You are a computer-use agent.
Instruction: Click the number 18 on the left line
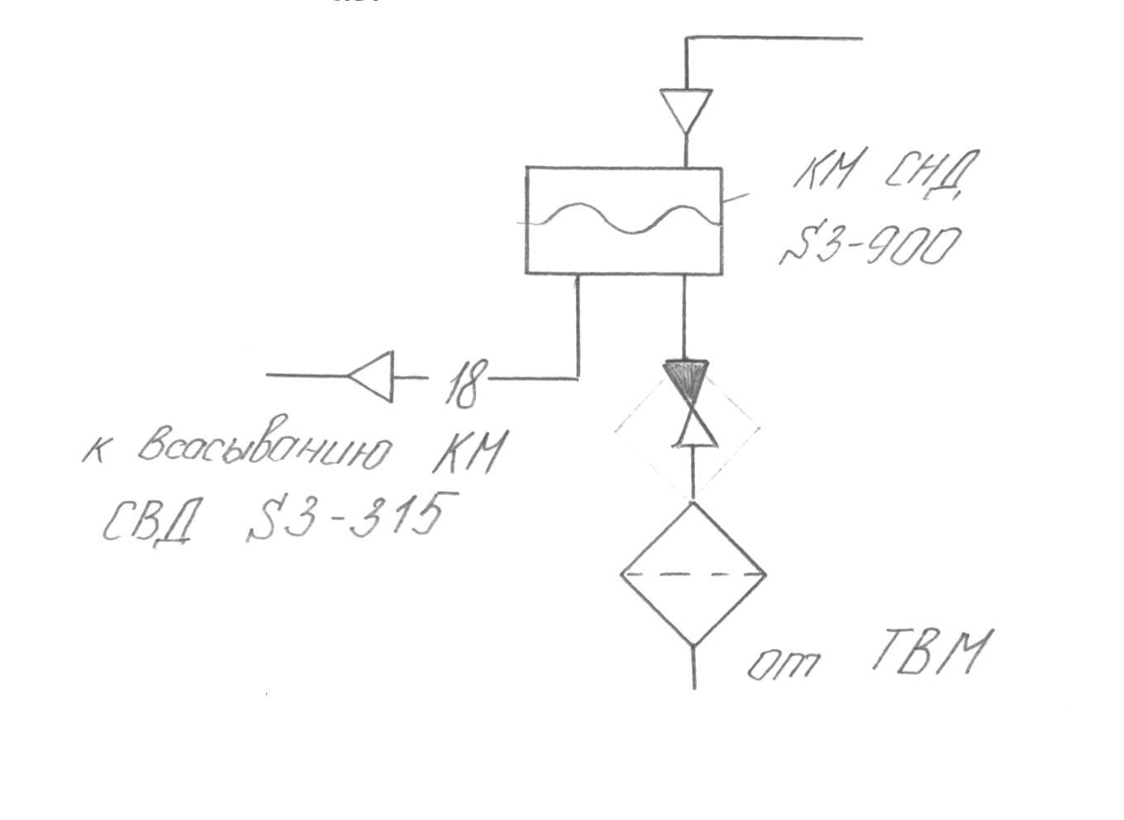pos(462,383)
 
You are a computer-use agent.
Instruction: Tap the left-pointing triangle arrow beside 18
pos(373,376)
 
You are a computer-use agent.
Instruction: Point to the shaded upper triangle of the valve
pos(686,379)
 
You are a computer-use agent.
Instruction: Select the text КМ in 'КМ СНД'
pos(827,172)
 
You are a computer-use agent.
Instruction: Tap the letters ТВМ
pos(929,652)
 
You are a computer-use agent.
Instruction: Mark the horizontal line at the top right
pos(777,38)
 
